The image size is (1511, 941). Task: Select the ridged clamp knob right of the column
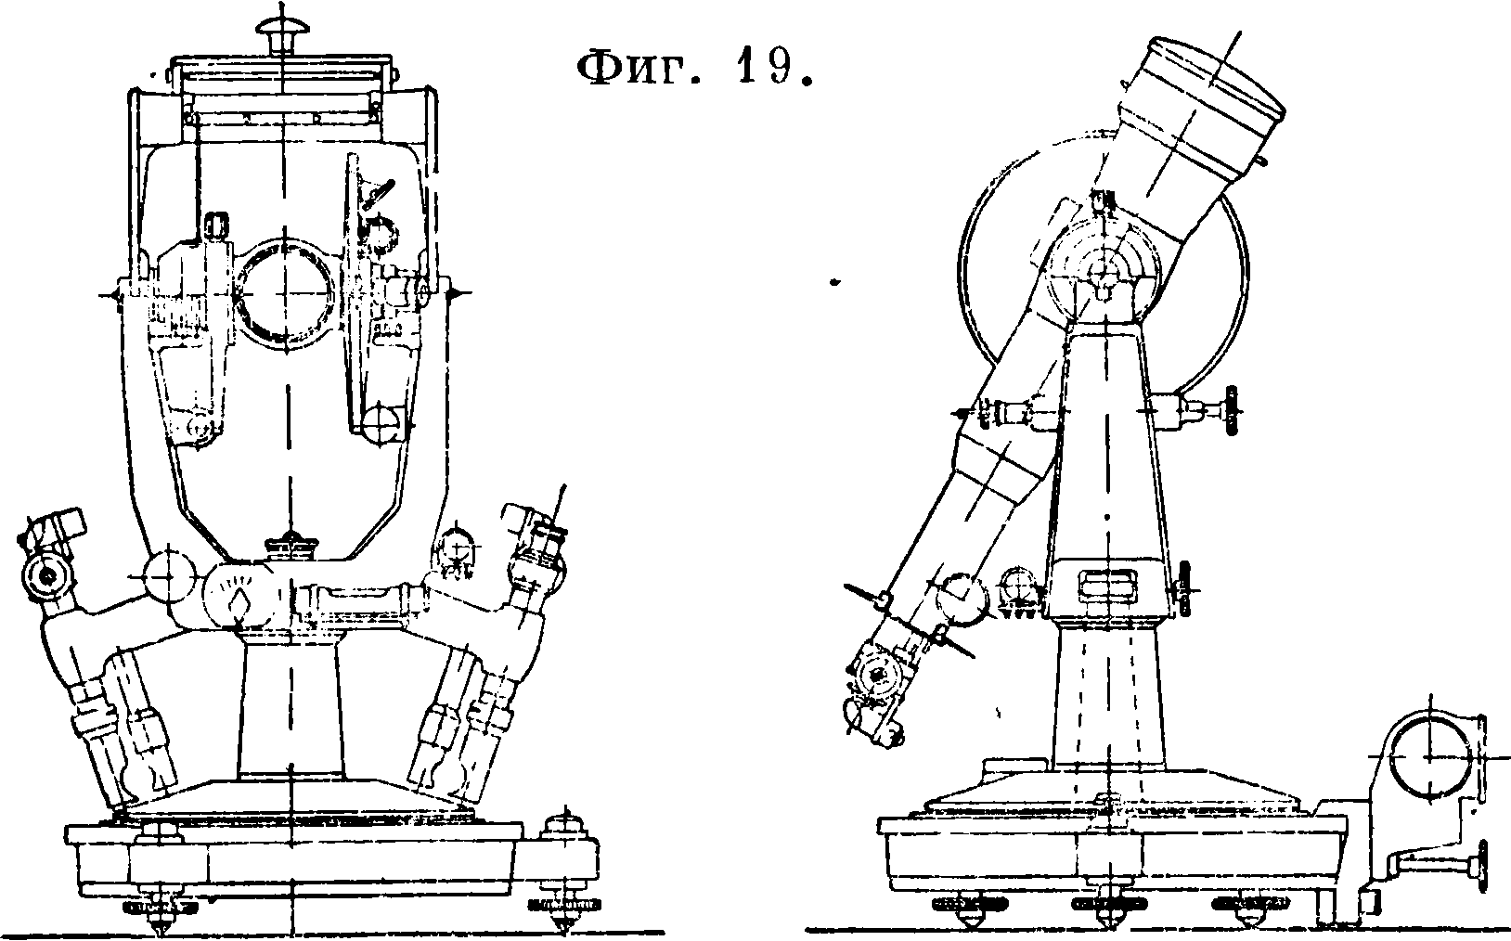(1233, 409)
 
